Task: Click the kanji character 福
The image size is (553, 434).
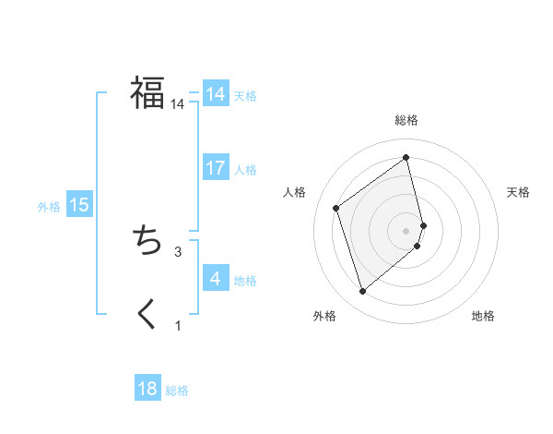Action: (x=147, y=93)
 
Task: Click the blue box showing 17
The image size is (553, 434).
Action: (x=216, y=168)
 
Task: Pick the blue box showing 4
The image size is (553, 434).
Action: (x=216, y=279)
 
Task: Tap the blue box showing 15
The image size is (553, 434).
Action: (x=79, y=206)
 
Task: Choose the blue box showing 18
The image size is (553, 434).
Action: (x=147, y=389)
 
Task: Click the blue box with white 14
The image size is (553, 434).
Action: (x=216, y=94)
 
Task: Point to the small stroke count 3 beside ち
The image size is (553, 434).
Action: (x=178, y=251)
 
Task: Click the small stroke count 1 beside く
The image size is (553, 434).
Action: (x=178, y=325)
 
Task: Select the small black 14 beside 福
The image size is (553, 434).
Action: (x=178, y=104)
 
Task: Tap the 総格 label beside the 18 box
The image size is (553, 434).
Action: (x=177, y=391)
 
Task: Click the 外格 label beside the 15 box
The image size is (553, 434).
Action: (x=49, y=207)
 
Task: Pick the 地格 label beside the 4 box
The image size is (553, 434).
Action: (x=245, y=281)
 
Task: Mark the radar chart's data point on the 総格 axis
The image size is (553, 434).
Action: (x=406, y=158)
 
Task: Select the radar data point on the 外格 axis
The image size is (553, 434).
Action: (x=362, y=292)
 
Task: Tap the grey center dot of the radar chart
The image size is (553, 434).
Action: (x=406, y=229)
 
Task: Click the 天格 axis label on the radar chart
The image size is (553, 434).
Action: (x=518, y=192)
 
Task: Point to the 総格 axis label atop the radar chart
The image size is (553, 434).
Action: (x=406, y=120)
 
